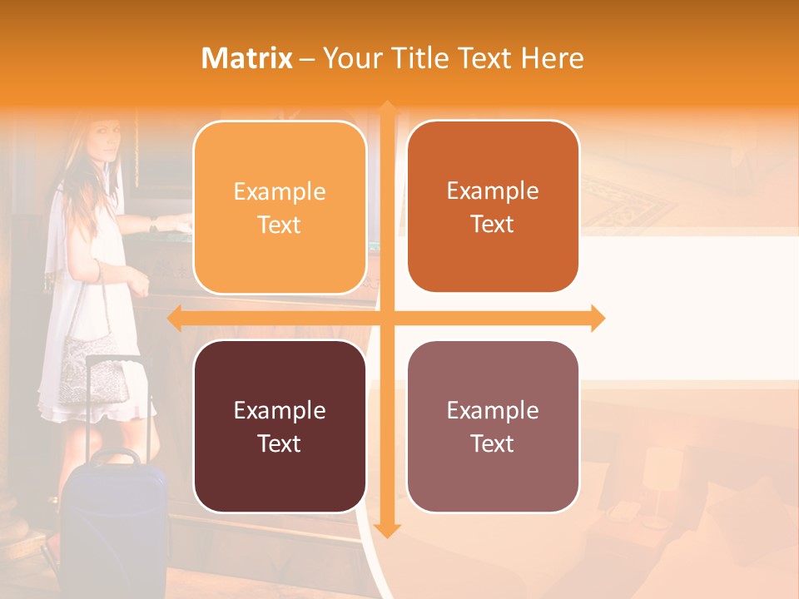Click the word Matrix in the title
[x=246, y=58]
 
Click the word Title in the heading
[x=424, y=58]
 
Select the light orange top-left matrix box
[x=280, y=207]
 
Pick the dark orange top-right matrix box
[x=493, y=206]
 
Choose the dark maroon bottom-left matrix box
[x=280, y=426]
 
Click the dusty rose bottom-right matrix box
[x=493, y=426]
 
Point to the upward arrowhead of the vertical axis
[x=386, y=108]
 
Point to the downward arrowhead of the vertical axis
[x=386, y=530]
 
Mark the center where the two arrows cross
[x=386, y=318]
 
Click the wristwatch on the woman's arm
[x=153, y=223]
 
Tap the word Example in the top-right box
[x=493, y=191]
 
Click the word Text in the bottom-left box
[x=280, y=443]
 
